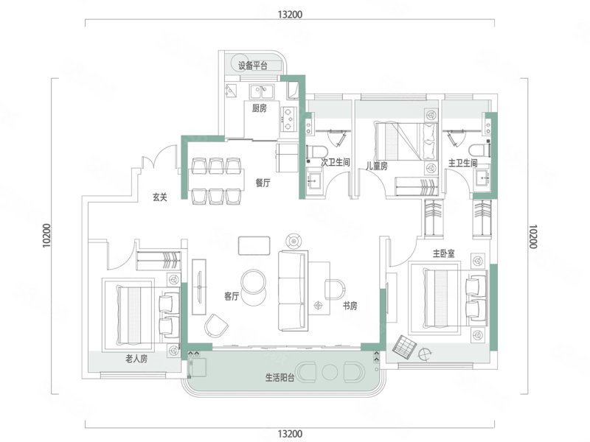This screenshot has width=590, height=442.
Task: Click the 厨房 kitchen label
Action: pyautogui.click(x=260, y=108)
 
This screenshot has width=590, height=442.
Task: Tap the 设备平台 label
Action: pyautogui.click(x=252, y=66)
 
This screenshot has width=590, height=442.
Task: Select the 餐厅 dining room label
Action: pyautogui.click(x=263, y=183)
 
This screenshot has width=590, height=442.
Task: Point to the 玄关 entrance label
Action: pyautogui.click(x=160, y=197)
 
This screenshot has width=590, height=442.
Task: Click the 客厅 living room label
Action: pyautogui.click(x=232, y=297)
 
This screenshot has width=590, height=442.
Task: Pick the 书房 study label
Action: pyautogui.click(x=350, y=306)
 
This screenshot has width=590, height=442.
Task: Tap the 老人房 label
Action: pyautogui.click(x=136, y=359)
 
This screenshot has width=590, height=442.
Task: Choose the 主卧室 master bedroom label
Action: pyautogui.click(x=443, y=253)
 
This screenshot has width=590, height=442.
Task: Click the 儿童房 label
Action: pyautogui.click(x=377, y=166)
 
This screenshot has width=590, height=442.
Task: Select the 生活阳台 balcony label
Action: pyautogui.click(x=280, y=377)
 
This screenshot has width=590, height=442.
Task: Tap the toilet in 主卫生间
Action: pyautogui.click(x=479, y=150)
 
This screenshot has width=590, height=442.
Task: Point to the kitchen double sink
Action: pyautogui.click(x=263, y=91)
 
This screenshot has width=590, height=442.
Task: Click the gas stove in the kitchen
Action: pyautogui.click(x=288, y=119)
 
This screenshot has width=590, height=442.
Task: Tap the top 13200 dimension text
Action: pyautogui.click(x=290, y=14)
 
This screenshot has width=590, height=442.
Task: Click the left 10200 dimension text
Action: pyautogui.click(x=46, y=236)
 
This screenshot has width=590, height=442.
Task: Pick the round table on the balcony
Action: pyautogui.click(x=330, y=372)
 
